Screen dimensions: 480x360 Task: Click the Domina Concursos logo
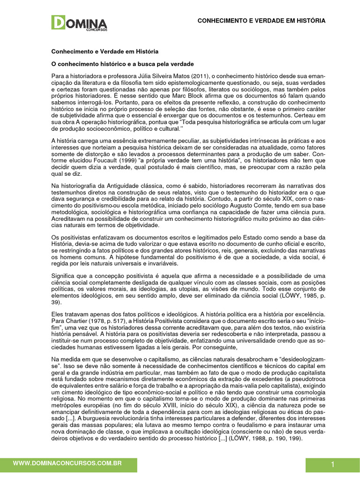click(79, 23)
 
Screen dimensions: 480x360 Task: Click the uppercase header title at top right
click(261, 21)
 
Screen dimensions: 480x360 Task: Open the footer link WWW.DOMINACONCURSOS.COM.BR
click(67, 463)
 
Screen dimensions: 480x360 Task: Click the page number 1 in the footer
click(332, 465)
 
